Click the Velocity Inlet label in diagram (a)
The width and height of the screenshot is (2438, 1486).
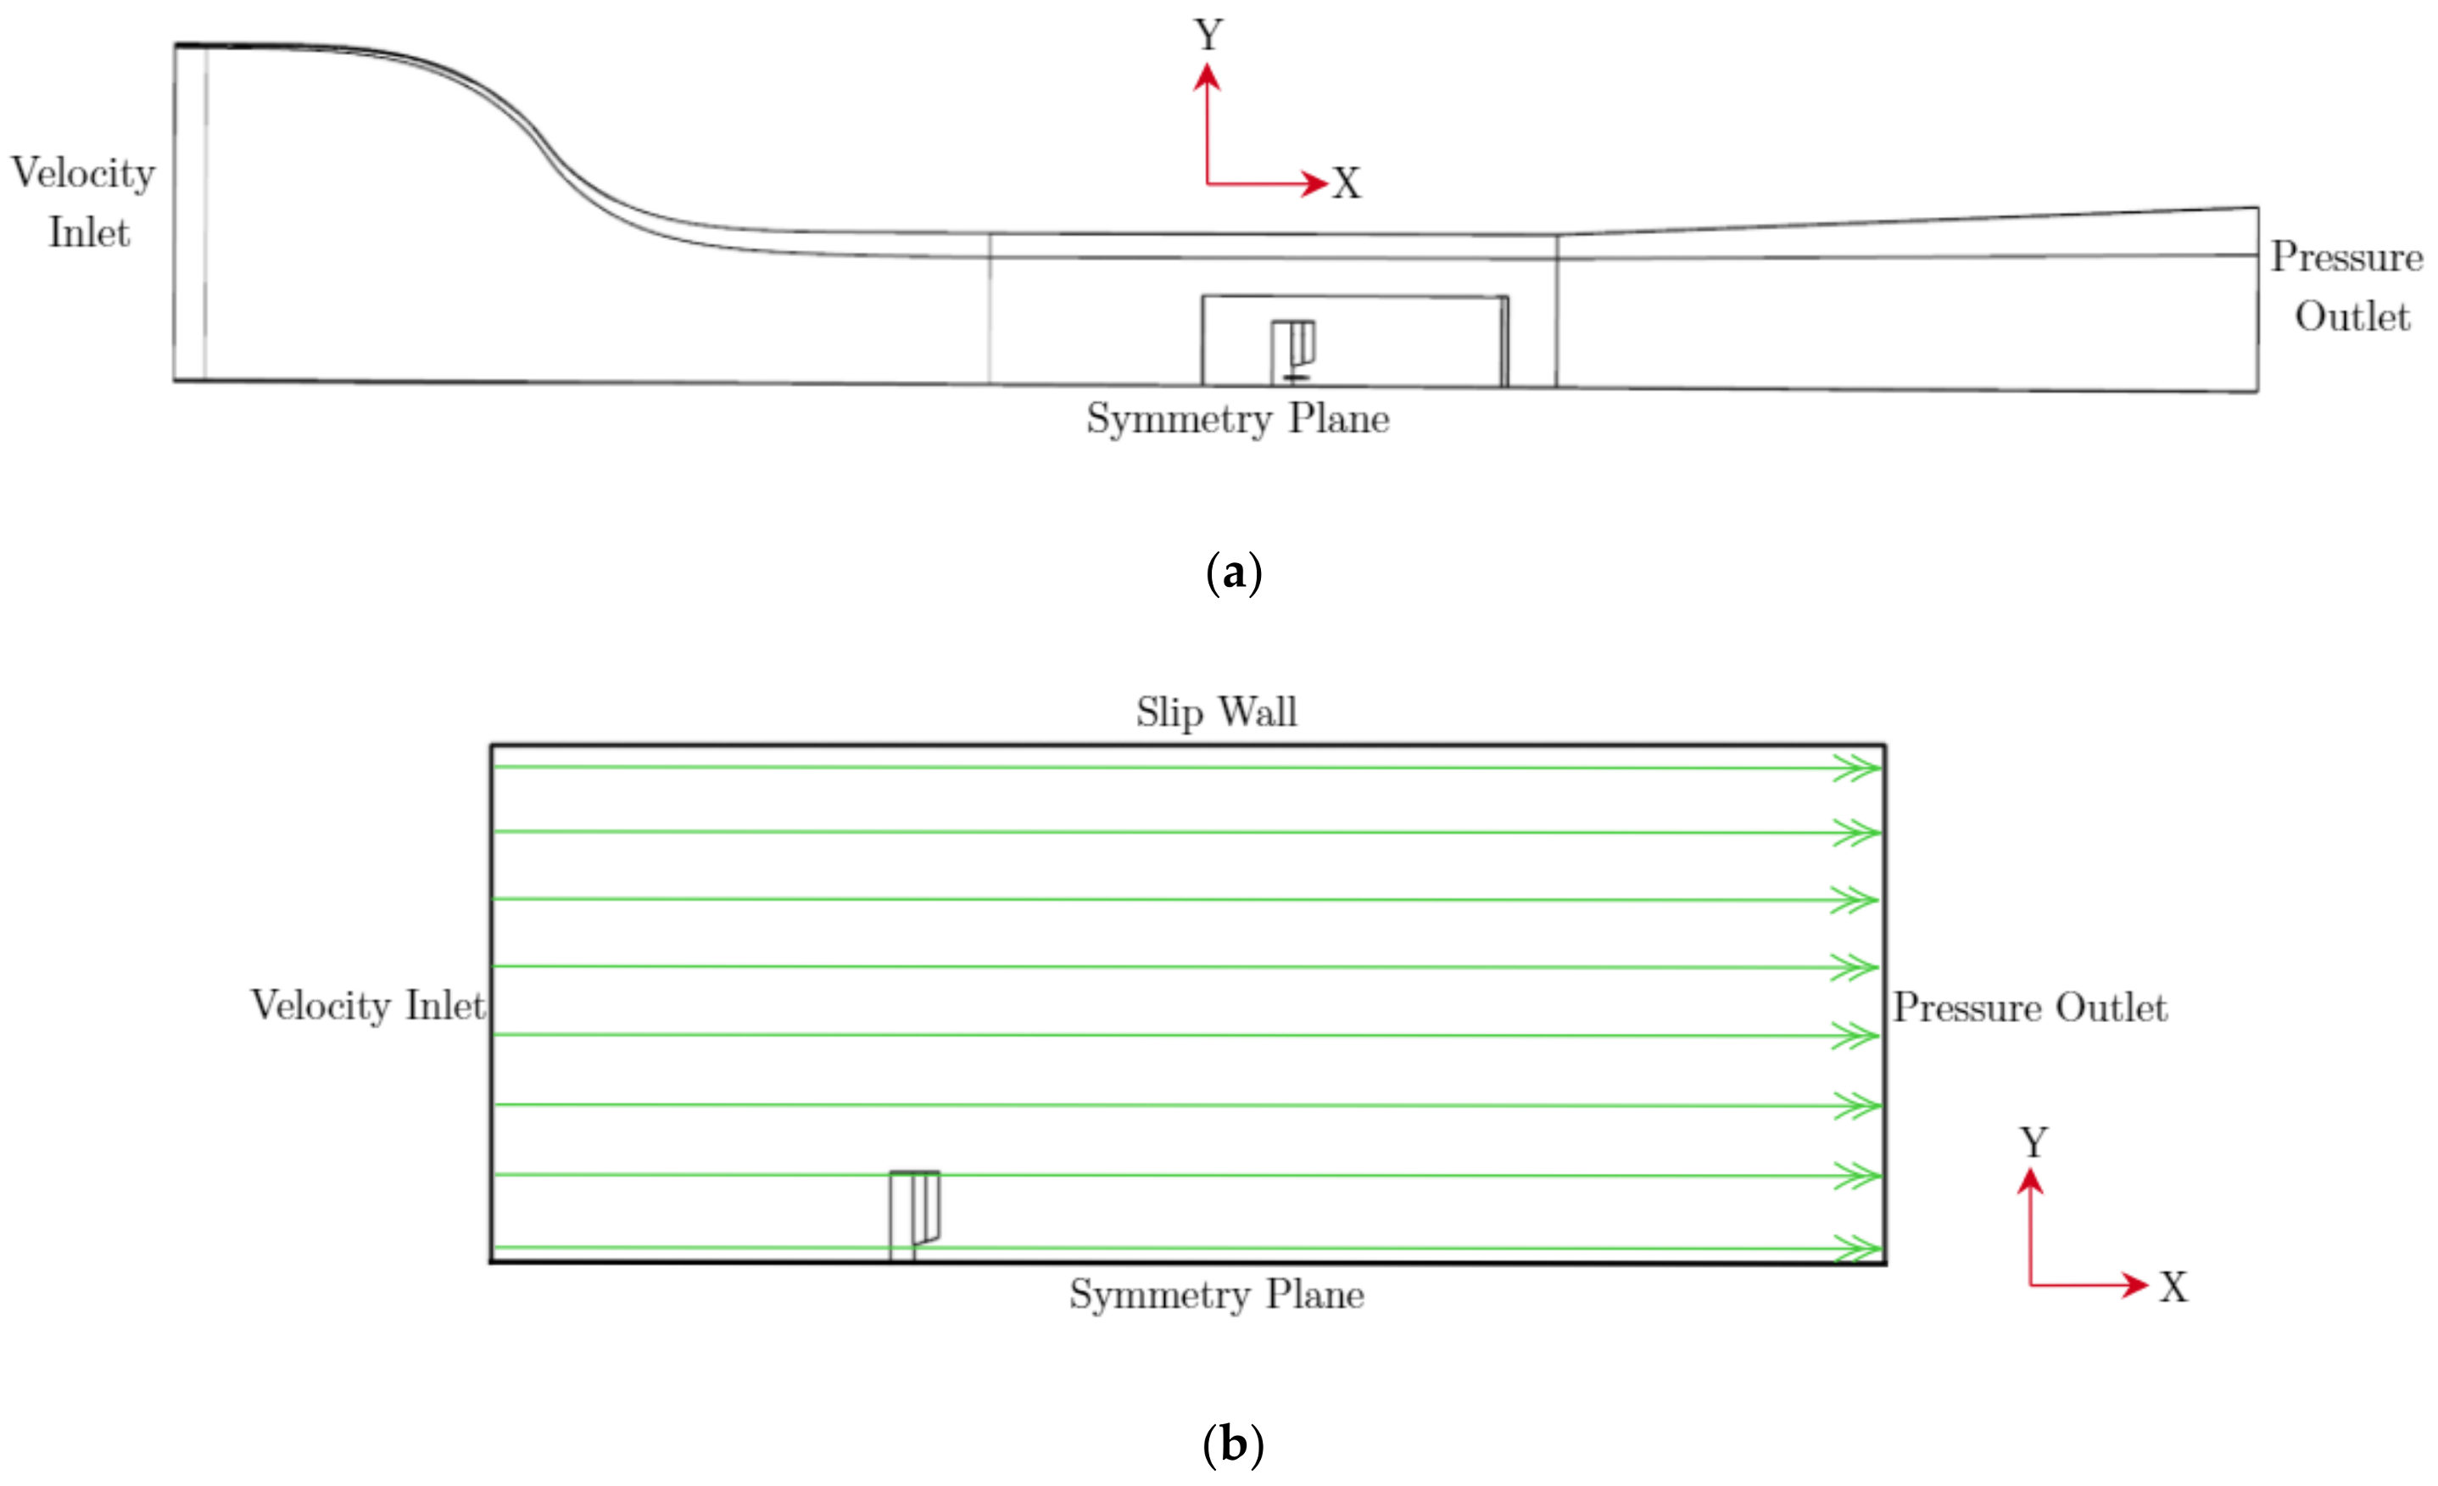pos(83,202)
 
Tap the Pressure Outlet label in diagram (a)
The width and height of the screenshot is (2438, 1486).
pos(2347,286)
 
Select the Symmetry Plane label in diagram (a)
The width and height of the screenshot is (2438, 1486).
pos(1238,418)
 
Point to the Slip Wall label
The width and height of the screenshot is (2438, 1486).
pos(1216,712)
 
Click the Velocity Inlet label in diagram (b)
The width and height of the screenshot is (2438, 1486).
pos(368,1006)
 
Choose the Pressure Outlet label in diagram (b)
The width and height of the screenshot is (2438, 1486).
pos(2029,1008)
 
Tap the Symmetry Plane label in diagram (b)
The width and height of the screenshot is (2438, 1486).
pos(1216,1295)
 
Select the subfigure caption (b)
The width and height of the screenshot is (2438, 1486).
pos(1233,1445)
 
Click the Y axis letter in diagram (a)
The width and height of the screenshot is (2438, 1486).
pos(1208,36)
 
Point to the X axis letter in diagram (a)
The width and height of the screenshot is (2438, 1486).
pos(1347,184)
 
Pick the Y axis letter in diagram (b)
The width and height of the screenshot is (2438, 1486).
pos(2034,1143)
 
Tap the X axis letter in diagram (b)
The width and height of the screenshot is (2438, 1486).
pos(2173,1288)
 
